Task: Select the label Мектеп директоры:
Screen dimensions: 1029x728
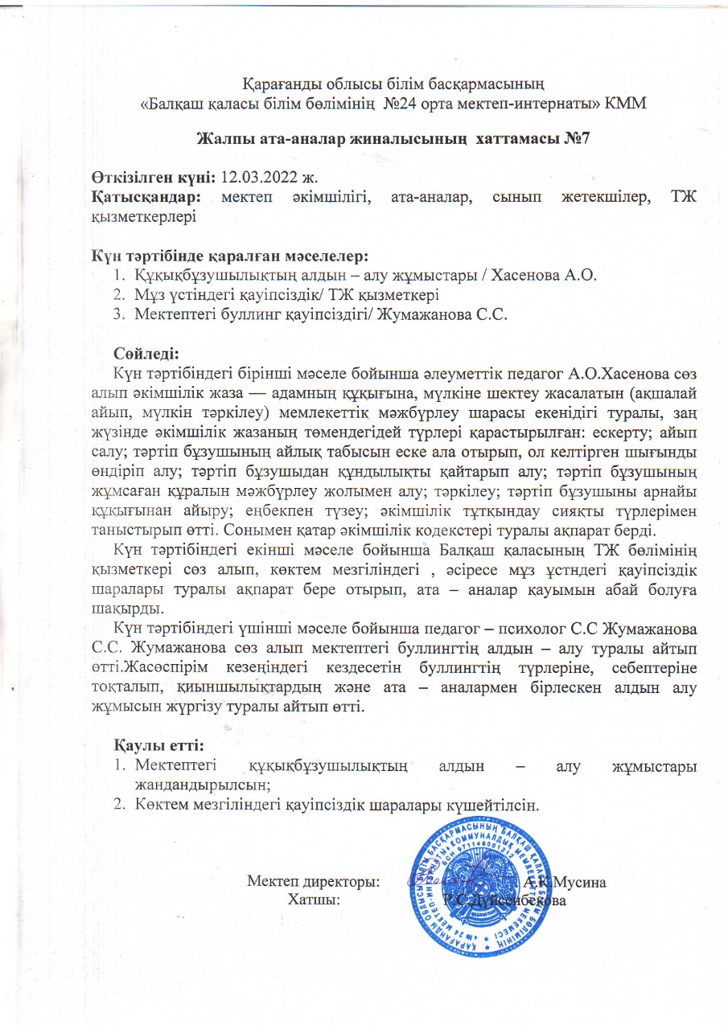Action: tap(314, 881)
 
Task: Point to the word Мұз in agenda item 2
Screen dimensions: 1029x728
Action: tap(149, 296)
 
